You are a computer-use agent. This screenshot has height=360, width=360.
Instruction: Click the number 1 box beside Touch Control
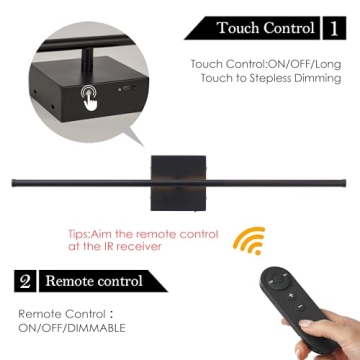tap(334, 28)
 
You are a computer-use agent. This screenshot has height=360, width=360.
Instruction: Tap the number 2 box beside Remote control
tap(25, 281)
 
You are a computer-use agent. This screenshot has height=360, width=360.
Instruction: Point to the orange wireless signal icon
tap(249, 241)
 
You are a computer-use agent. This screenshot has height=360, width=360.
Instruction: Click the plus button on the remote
tap(291, 295)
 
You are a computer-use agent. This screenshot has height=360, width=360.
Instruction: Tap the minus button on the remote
tap(300, 306)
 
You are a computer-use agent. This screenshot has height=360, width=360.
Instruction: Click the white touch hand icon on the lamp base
tap(89, 98)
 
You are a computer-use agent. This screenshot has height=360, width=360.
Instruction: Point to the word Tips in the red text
tap(79, 234)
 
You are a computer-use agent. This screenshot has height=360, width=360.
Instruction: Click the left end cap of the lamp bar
tap(14, 183)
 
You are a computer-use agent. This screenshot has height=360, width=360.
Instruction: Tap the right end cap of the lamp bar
tap(344, 183)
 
